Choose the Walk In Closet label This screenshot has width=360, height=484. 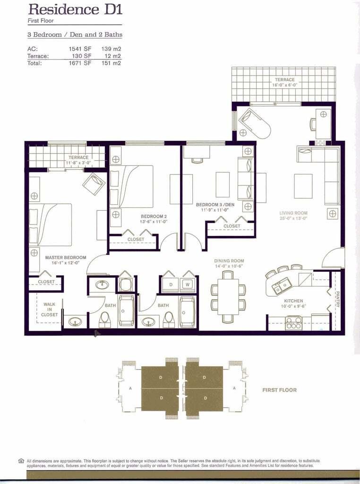pyautogui.click(x=50, y=310)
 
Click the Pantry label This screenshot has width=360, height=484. pyautogui.click(x=337, y=299)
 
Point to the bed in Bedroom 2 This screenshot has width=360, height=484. pyautogui.click(x=132, y=186)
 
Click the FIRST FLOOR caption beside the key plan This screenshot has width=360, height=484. pyautogui.click(x=279, y=390)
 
